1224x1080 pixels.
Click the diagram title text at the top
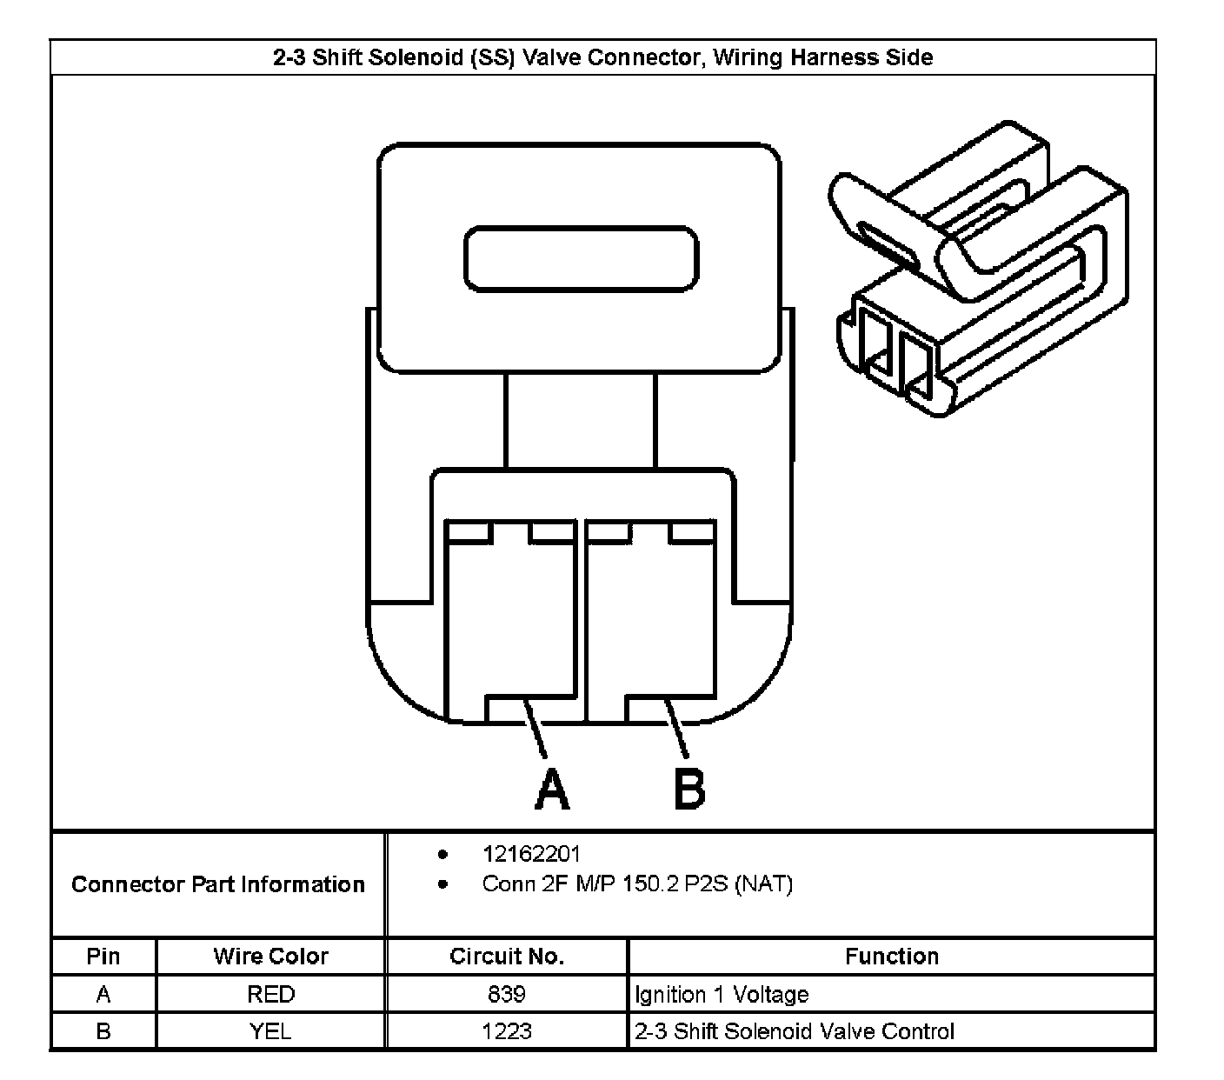pos(602,58)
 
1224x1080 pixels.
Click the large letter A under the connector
pos(551,789)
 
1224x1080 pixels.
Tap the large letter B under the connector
pos(689,789)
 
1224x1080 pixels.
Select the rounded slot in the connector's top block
pos(581,259)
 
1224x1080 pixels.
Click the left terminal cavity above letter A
pos(509,619)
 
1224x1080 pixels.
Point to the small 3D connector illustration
pos(978,270)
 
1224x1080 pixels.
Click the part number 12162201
pos(531,855)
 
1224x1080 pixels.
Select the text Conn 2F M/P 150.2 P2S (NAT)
pos(637,884)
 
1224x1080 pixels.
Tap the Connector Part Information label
pos(218,884)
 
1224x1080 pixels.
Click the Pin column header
pos(103,957)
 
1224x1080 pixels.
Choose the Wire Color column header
pos(270,957)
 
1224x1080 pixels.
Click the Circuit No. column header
pos(507,957)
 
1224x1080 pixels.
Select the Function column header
pos(892,957)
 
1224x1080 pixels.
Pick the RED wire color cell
pos(270,994)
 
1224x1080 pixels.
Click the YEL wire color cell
pos(270,1031)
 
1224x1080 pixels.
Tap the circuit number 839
pos(507,994)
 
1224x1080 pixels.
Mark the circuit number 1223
pos(507,1031)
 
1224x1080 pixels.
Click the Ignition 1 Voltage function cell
pos(722,994)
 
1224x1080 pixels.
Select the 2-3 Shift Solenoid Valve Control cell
pos(795,1031)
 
